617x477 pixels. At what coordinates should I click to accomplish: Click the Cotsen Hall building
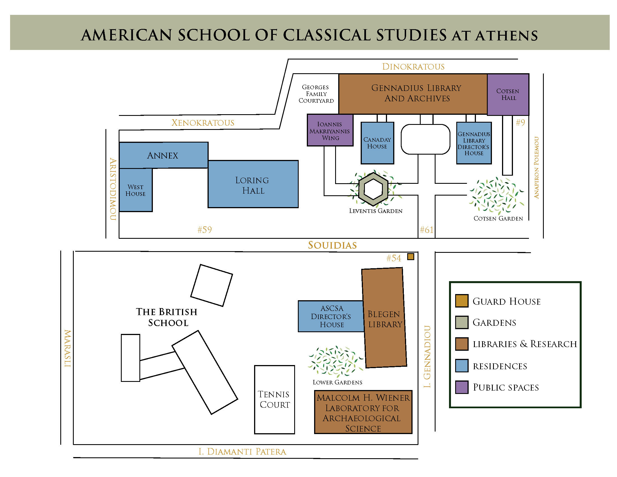coord(508,94)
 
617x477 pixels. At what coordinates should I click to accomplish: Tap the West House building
coord(136,190)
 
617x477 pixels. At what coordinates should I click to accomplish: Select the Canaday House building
coord(377,143)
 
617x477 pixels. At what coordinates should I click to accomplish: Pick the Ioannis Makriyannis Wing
coord(330,130)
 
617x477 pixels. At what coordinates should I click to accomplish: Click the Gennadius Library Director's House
coord(474,143)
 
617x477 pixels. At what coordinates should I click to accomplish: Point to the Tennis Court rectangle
coord(274,400)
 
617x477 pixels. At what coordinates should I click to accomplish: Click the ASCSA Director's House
coord(331,316)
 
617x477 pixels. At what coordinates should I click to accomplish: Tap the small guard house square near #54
coord(411,256)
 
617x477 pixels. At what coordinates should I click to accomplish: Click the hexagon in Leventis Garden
coord(373,189)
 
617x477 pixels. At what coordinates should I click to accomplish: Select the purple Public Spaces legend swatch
coord(462,387)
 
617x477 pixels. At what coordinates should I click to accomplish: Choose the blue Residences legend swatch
coord(462,366)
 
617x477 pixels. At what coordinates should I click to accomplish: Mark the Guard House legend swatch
coord(462,301)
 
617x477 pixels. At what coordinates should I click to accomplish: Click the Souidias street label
coord(332,245)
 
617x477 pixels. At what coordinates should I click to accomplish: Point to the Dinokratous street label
coord(413,67)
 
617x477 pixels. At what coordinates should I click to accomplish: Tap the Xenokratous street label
coord(203,123)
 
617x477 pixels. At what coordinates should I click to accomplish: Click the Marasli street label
coord(68,348)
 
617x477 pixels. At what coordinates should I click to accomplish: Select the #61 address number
coord(427,230)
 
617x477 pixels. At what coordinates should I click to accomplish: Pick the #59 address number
coord(204,230)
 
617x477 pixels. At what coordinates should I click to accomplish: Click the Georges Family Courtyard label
coord(316,94)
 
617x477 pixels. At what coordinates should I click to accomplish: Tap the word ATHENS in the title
coord(507,36)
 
